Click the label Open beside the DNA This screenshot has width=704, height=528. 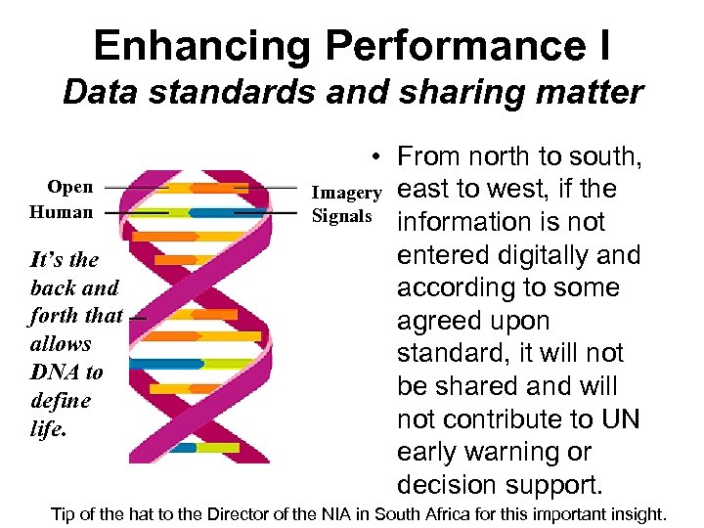70,187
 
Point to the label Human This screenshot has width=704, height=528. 62,212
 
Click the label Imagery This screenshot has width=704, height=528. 346,194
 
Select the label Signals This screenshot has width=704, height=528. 341,216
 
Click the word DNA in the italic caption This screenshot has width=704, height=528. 52,373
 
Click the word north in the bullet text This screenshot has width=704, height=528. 499,156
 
